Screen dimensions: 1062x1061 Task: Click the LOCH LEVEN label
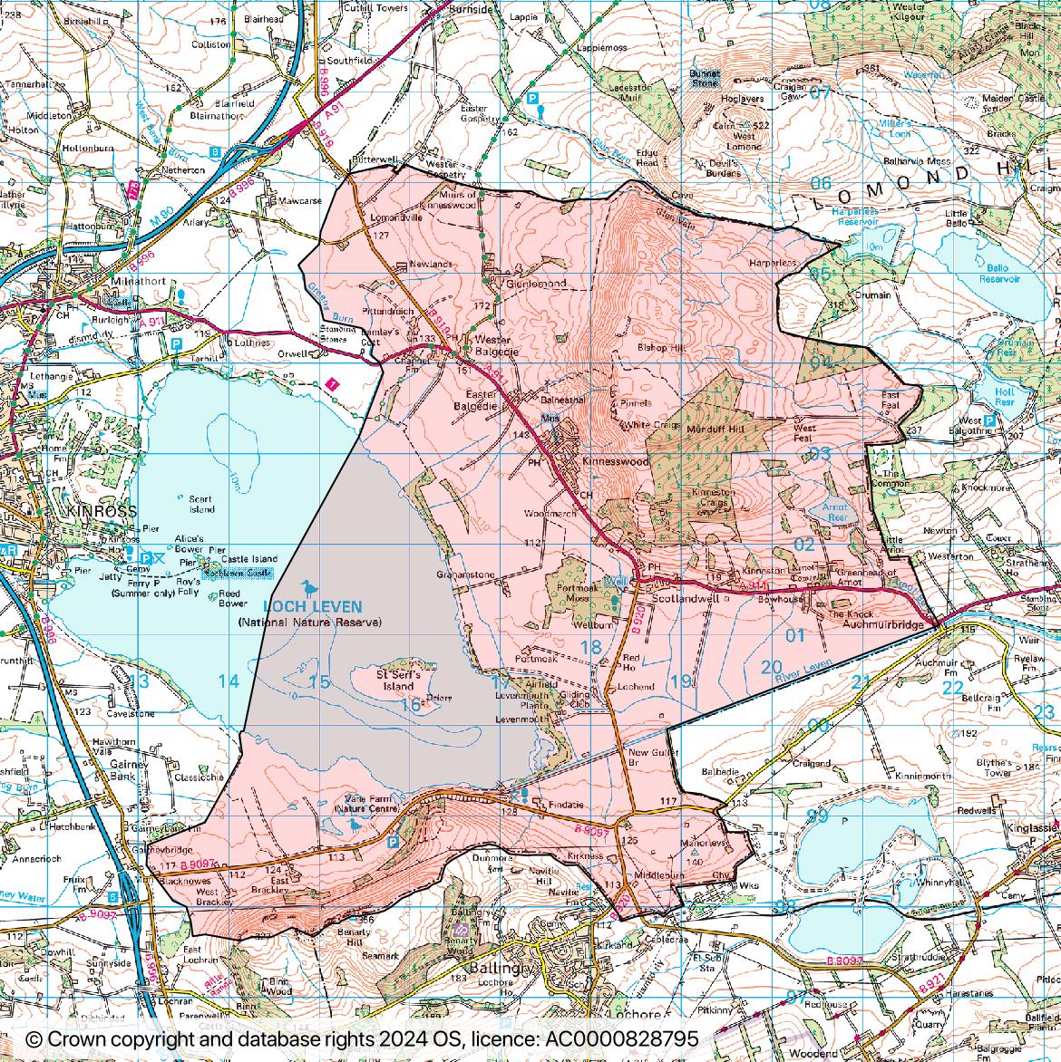click(x=312, y=607)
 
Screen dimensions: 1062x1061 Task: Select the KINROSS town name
click(x=102, y=511)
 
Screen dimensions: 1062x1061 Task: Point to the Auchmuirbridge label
click(x=882, y=625)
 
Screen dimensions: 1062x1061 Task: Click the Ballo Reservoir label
click(x=999, y=274)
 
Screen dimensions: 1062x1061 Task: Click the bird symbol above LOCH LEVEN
click(x=310, y=587)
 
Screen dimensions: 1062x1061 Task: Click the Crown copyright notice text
click(x=363, y=1038)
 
